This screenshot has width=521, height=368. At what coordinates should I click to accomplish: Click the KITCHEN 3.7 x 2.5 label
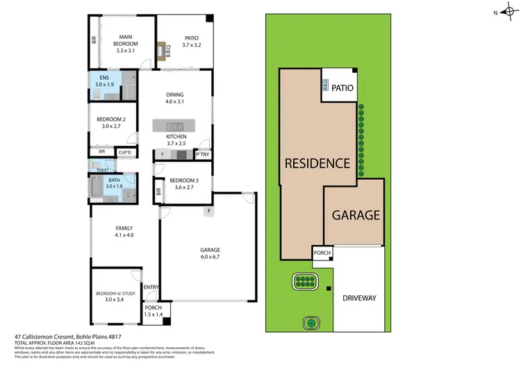pos(176,140)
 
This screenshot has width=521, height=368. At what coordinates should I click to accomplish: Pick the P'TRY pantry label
pos(204,154)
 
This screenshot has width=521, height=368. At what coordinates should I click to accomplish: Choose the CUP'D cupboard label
pos(126,152)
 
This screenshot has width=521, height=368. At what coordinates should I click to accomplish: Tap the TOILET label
pos(102,169)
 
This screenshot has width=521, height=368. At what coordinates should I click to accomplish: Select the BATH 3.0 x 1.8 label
pos(113,183)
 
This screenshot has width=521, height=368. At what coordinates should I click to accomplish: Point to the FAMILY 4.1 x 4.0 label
pos(124,231)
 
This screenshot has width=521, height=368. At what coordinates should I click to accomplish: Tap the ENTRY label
pos(150,286)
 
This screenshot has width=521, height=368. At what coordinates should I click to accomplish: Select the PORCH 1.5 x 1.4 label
pos(152,311)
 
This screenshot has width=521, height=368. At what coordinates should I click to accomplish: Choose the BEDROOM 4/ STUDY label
pos(115,296)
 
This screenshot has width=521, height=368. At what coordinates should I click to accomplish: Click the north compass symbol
pos(504,12)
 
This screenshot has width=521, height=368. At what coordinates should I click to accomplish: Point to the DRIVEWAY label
pos(359,298)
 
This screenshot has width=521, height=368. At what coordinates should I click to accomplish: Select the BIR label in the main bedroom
pos(94,40)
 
